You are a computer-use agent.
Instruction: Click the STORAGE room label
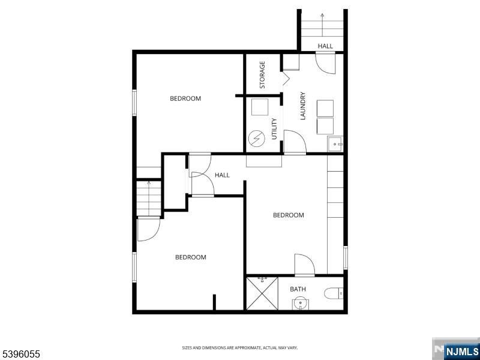[x=262, y=75]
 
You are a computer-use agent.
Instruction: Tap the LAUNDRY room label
[x=303, y=106]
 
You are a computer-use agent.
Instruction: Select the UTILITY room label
[x=274, y=129]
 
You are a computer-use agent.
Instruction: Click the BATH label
[x=298, y=289]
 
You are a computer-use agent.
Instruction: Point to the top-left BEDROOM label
[x=185, y=98]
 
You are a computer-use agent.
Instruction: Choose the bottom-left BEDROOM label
[x=190, y=257]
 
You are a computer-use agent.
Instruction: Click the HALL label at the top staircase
[x=325, y=46]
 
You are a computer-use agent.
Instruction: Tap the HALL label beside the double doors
[x=223, y=175]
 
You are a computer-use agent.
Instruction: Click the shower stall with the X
[x=262, y=293]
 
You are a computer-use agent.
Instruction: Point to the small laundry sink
[x=335, y=144]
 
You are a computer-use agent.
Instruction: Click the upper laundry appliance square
[x=325, y=107]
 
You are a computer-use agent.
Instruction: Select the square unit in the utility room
[x=260, y=107]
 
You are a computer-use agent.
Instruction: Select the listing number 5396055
[x=21, y=355]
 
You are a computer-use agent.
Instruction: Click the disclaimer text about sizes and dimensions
[x=240, y=347]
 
